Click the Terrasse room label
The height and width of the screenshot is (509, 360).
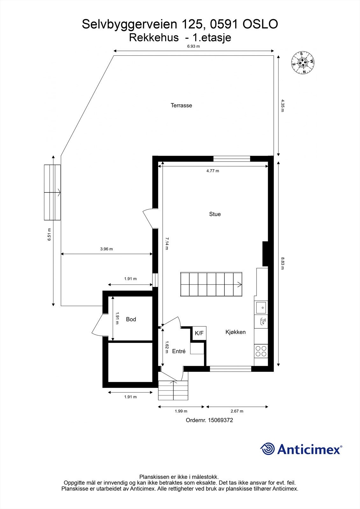[181, 105]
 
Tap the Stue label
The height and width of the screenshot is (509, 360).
[215, 214]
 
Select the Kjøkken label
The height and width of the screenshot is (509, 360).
[236, 332]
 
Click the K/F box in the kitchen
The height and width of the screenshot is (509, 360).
[199, 333]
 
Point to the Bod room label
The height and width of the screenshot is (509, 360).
[131, 319]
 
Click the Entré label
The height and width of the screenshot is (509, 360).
[179, 351]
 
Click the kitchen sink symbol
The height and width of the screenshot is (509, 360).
[261, 308]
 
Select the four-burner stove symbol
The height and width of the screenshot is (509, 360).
[261, 351]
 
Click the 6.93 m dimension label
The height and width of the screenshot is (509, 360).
[194, 46]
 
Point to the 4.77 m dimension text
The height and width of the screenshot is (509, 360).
[213, 171]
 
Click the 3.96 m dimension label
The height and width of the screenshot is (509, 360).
[106, 249]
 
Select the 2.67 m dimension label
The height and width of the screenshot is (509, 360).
[237, 411]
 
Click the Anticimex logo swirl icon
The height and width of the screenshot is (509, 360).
[267, 449]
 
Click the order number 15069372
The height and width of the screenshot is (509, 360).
[220, 420]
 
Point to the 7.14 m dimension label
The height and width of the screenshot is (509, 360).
[166, 243]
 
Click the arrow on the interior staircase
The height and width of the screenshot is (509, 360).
[237, 284]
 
